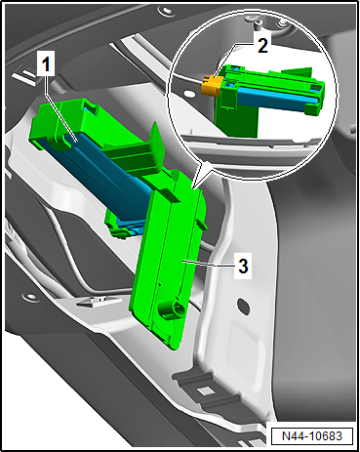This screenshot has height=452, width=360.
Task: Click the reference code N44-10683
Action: (x=311, y=435)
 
